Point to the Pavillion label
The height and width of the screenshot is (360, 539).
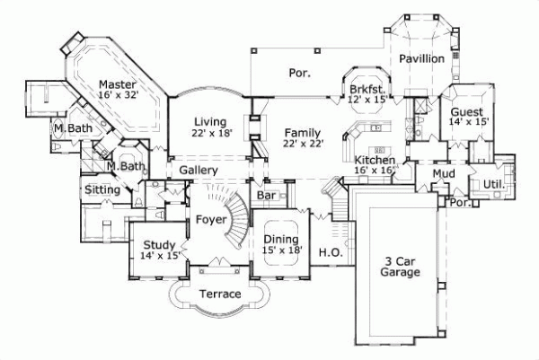tap(422, 58)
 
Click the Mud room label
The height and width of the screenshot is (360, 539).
tap(443, 172)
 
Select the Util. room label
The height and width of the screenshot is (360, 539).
tap(495, 186)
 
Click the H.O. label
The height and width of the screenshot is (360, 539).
tap(328, 253)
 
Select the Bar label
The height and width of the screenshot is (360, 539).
tap(266, 195)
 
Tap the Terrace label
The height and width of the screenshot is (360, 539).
tap(219, 294)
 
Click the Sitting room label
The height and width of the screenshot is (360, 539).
tap(102, 190)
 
